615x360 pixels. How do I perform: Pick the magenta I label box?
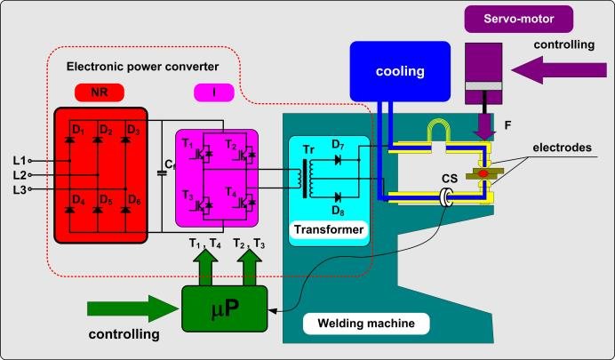tap(216, 92)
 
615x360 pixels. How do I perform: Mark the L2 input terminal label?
tap(20, 174)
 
